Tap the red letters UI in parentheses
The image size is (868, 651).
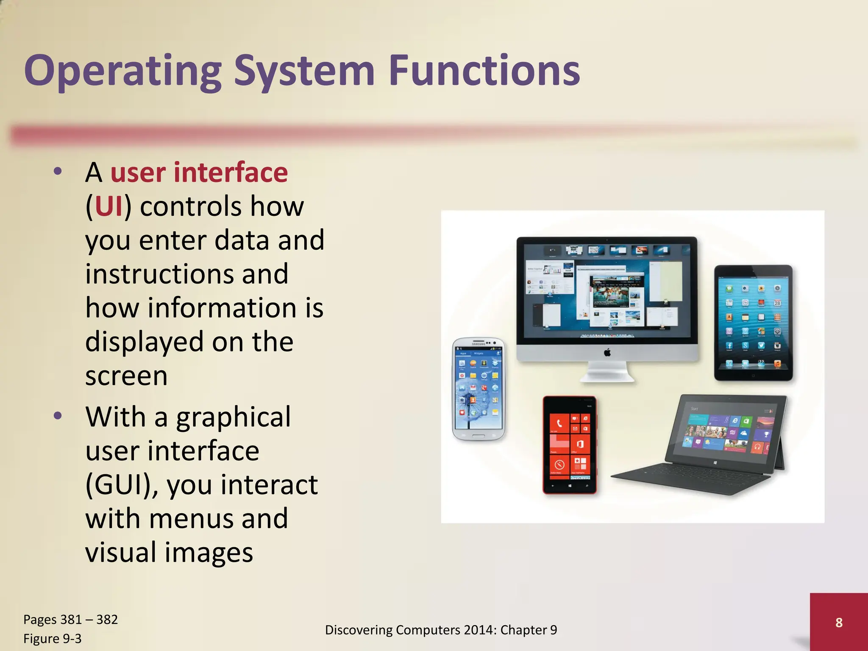108,207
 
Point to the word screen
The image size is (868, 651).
126,376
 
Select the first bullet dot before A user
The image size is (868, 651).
58,171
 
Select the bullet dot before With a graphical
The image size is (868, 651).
58,416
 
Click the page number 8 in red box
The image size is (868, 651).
838,623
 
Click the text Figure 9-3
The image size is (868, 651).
52,638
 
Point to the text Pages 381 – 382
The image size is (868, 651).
70,620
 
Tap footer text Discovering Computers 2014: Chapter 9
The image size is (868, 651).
441,630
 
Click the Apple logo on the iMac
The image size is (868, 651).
607,352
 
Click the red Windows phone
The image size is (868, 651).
569,445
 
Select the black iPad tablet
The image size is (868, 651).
753,323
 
